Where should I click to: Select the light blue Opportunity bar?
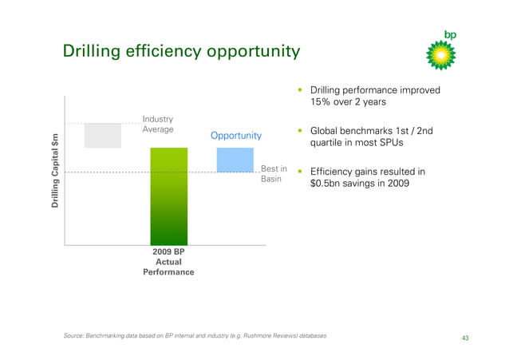235,159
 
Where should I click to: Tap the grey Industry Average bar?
103,135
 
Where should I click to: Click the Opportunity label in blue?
236,136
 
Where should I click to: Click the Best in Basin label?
274,174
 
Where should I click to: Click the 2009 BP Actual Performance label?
168,261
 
